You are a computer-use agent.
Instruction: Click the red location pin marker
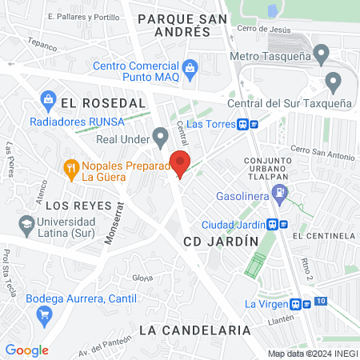181,162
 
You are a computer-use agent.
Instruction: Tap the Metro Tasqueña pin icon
322,55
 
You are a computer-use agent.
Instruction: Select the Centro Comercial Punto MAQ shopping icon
190,67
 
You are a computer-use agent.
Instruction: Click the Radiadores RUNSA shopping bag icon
47,101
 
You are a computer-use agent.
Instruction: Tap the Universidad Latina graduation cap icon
27,224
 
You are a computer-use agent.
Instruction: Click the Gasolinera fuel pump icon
279,192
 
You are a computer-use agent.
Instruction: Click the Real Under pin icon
161,138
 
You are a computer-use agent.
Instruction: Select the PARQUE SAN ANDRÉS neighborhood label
173,24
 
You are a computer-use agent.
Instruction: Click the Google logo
26,350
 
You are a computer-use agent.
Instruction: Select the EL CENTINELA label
323,237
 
